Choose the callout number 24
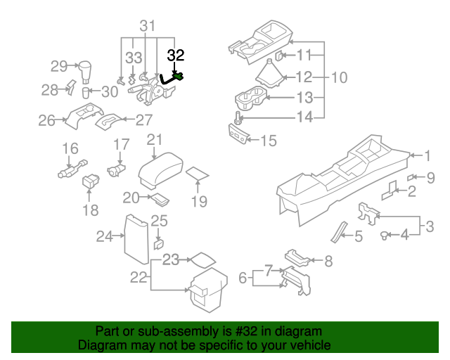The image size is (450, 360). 104,236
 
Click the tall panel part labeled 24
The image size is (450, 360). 136,236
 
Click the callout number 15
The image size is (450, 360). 269,141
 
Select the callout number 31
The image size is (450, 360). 146,26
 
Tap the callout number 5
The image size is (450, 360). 358,237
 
